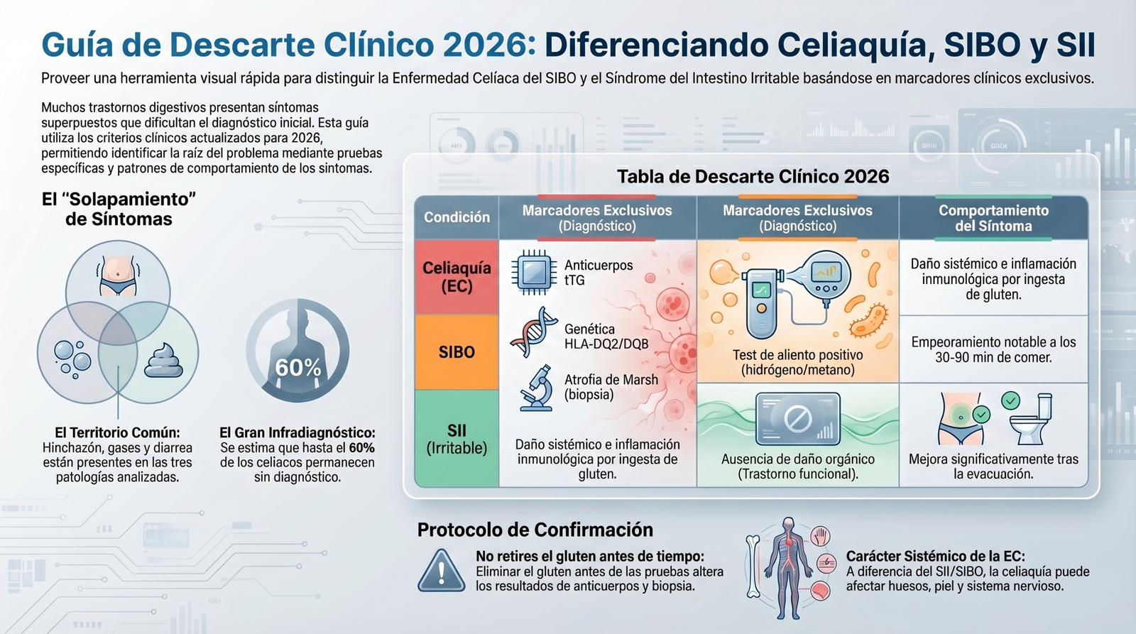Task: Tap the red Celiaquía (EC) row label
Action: (457, 277)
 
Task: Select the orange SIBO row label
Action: (457, 352)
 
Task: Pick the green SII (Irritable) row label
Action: (457, 439)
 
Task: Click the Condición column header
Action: (457, 217)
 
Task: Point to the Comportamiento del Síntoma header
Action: (993, 218)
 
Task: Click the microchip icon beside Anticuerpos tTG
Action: (533, 272)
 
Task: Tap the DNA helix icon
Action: (534, 332)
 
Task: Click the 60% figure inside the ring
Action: (298, 367)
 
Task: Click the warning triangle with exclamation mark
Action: (441, 571)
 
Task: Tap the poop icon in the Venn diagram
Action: (164, 361)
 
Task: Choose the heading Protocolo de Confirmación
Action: (535, 530)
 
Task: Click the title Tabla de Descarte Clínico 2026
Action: (753, 176)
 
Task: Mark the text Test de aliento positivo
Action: (798, 355)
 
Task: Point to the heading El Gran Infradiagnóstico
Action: (297, 432)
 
